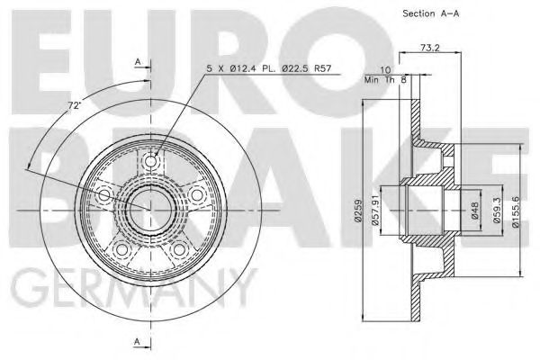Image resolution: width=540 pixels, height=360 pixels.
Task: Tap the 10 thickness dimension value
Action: pos(384,70)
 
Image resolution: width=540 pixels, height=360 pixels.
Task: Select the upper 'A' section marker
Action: pos(136,60)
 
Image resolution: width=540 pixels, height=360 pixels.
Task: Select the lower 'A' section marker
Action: pos(136,340)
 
